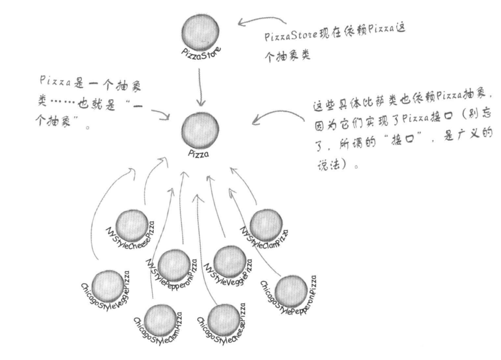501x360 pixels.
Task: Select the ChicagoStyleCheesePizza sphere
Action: [x=224, y=321]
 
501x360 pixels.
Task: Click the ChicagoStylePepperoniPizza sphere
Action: [x=291, y=291]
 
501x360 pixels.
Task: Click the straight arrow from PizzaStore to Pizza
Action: [x=199, y=85]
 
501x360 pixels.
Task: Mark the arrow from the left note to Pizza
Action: [x=161, y=114]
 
